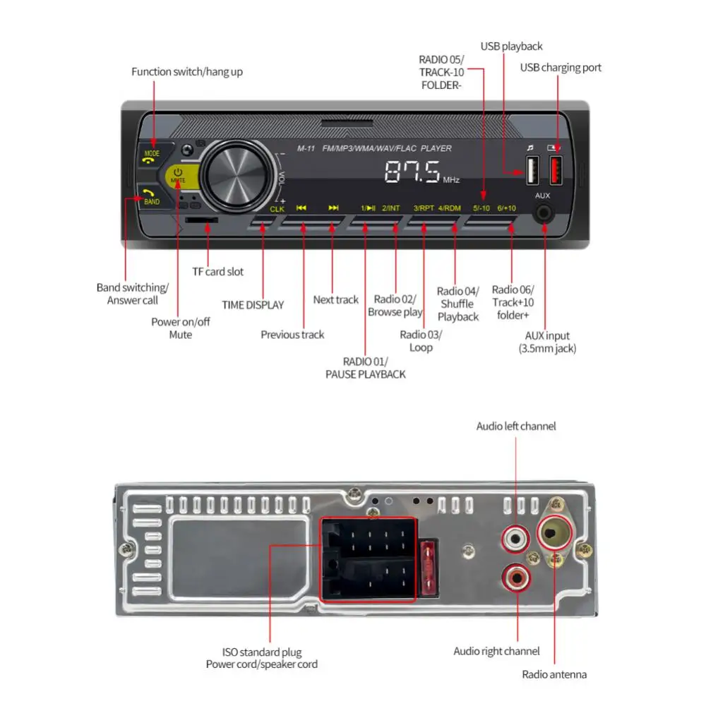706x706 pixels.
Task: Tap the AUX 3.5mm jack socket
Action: point(543,213)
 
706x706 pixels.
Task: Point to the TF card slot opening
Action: point(202,220)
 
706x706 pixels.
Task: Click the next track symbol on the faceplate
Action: point(334,208)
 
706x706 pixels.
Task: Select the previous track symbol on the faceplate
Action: point(301,208)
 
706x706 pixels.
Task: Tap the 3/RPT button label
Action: point(424,208)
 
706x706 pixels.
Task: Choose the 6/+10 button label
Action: point(507,208)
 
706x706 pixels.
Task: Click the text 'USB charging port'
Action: point(561,68)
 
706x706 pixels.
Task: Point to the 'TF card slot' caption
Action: point(218,271)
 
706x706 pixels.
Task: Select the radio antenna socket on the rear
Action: point(554,532)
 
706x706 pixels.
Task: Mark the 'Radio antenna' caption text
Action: point(554,674)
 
